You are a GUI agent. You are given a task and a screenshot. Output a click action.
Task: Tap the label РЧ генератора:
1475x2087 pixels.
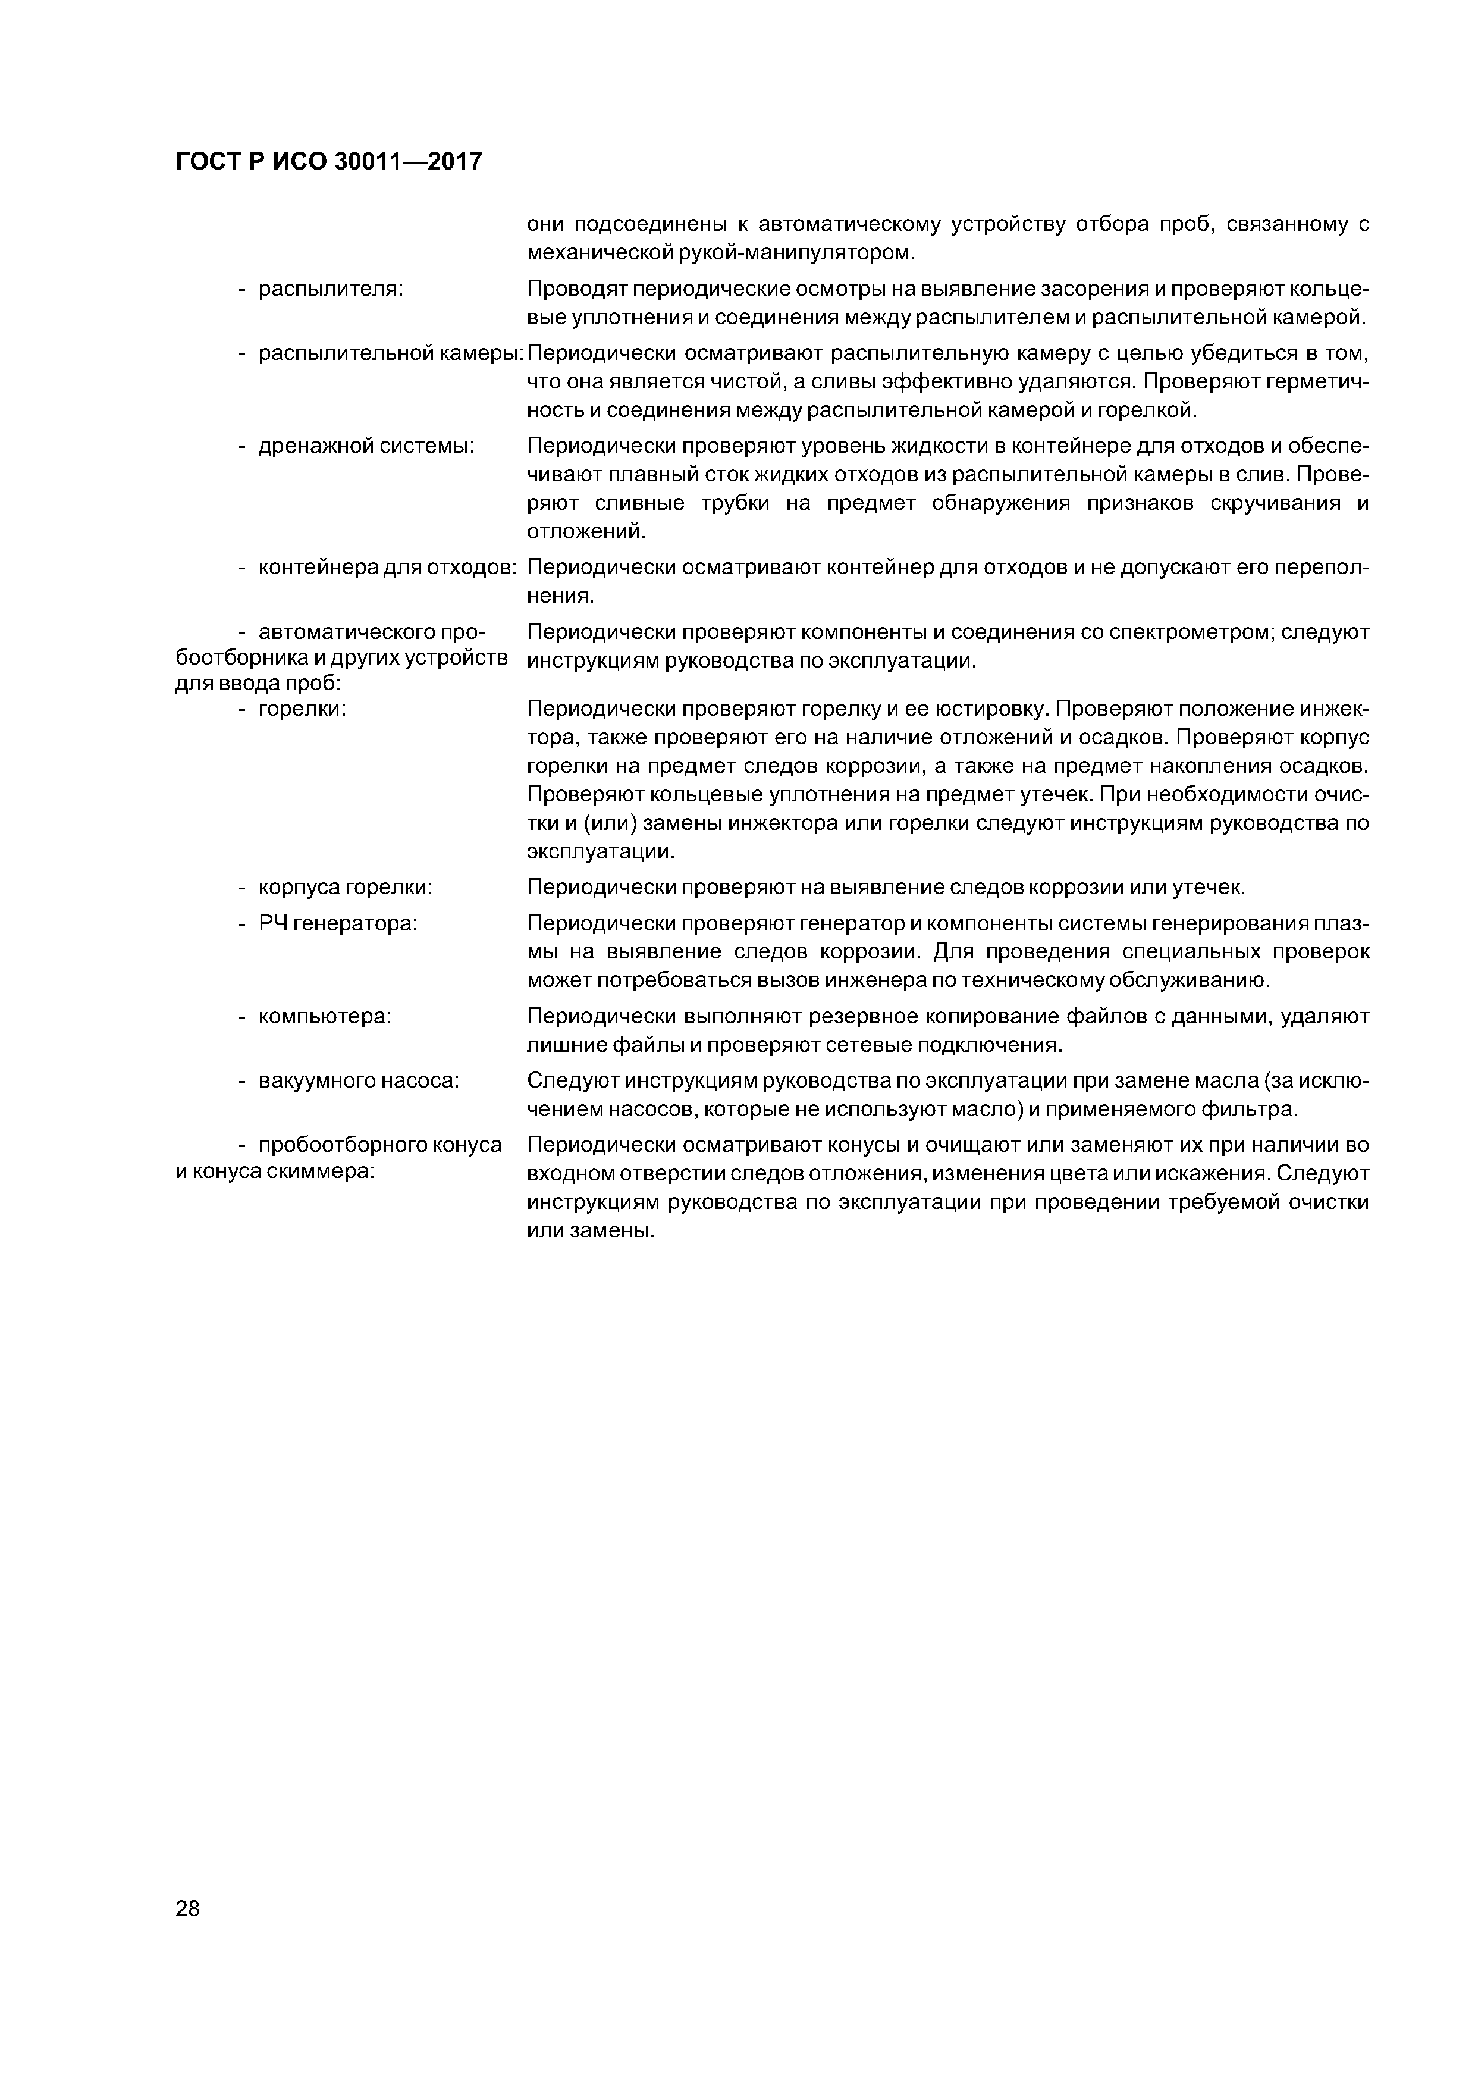coord(338,923)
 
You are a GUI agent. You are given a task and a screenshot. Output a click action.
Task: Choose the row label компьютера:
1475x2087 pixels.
coord(325,1016)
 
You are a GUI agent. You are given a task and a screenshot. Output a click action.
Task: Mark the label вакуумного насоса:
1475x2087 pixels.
coord(359,1081)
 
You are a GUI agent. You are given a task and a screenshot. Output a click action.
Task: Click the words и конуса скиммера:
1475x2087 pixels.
coord(275,1171)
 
